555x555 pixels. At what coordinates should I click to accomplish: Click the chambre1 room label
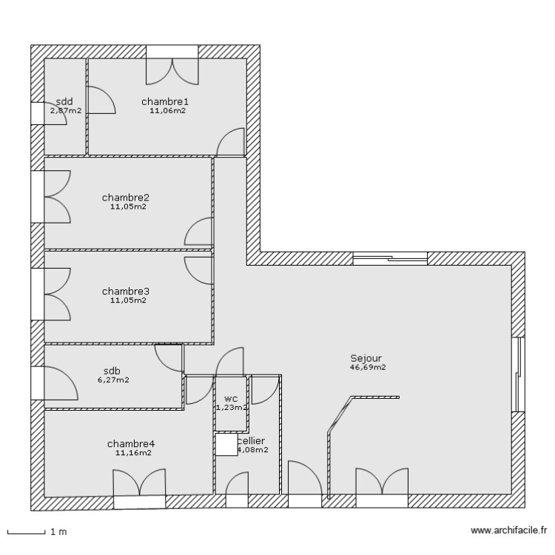point(166,101)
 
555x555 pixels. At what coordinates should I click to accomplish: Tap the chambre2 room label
point(126,198)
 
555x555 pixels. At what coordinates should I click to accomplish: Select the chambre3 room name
point(126,291)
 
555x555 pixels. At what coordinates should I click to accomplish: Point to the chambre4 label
point(131,444)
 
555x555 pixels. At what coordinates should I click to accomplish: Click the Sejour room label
point(366,357)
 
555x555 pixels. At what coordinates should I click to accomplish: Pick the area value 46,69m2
point(368,367)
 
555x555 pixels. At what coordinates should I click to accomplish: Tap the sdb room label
point(112,371)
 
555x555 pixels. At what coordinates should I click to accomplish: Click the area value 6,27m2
point(113,380)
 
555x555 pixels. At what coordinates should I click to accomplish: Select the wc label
point(231,397)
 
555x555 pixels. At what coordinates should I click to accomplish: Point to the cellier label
point(252,440)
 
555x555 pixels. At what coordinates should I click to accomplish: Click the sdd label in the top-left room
point(64,101)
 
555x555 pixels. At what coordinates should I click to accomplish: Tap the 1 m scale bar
point(27,531)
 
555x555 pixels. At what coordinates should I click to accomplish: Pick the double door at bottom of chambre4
point(139,491)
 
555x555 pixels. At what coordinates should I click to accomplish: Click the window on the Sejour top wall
point(390,258)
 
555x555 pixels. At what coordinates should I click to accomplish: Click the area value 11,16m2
point(133,454)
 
